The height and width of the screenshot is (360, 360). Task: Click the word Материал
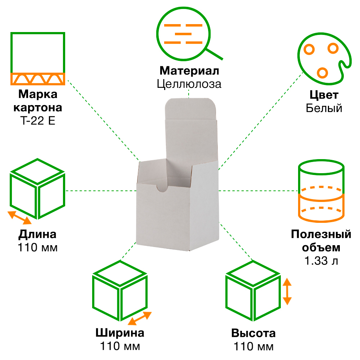click(189, 71)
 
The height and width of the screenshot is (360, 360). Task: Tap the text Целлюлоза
click(189, 84)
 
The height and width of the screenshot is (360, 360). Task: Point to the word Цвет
click(324, 95)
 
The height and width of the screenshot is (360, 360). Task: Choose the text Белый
click(324, 108)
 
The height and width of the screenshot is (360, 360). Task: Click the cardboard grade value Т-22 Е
click(38, 121)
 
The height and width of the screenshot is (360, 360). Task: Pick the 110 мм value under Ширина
click(120, 346)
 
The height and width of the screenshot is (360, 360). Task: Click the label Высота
click(253, 333)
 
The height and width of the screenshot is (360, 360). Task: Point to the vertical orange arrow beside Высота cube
click(287, 291)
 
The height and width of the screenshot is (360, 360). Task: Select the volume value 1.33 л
click(321, 261)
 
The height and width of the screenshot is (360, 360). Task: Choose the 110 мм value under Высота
click(253, 347)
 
